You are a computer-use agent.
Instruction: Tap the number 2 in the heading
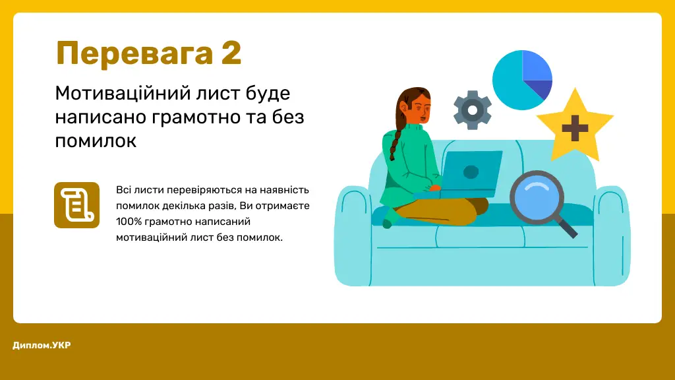point(231,53)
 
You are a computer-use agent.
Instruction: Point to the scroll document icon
point(76,205)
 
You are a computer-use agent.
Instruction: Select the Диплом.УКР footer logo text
point(42,345)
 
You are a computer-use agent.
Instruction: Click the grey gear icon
point(472,109)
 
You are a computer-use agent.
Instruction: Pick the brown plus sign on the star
point(574,128)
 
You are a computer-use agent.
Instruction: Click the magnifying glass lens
point(539,199)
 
